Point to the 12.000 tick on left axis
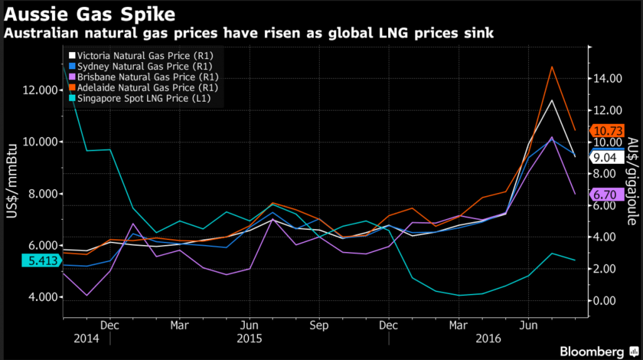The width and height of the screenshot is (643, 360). tap(40, 90)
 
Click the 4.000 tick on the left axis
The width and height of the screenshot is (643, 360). tap(42, 297)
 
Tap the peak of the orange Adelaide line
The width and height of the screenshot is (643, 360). tap(551, 67)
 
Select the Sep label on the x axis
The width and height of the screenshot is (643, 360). tap(319, 326)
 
